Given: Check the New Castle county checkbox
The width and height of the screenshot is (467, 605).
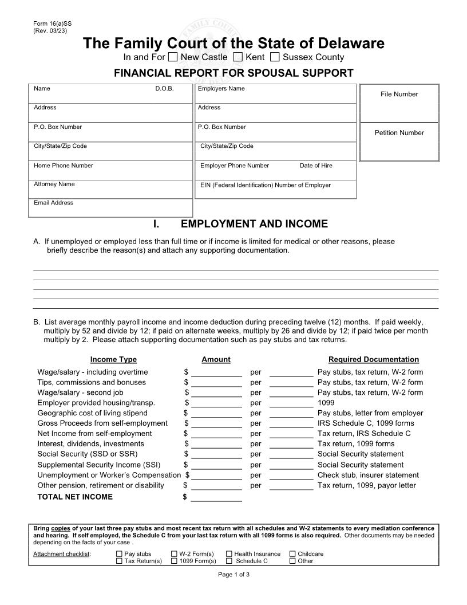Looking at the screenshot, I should point(173,57).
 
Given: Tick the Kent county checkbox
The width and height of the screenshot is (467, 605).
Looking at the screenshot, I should point(239,57).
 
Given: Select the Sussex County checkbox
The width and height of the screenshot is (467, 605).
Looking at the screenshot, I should point(275,57).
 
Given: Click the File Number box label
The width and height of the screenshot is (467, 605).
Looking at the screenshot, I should point(399,94).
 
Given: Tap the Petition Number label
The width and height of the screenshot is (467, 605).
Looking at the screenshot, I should point(399,133).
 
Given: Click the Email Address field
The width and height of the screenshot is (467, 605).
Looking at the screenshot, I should point(110,209).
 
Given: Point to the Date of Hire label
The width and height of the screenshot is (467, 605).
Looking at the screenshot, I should point(315,166).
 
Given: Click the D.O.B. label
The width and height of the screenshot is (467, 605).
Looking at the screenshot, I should point(164,89).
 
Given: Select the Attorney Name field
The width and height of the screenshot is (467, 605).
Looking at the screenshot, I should point(110,190).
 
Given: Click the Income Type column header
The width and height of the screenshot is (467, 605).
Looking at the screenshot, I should point(113,360).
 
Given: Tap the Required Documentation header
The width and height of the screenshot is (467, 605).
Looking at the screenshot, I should point(373,360).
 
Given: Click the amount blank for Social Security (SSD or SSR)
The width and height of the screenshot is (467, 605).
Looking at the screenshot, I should point(216,455).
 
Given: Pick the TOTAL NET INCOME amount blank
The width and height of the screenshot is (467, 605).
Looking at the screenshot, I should point(216,497).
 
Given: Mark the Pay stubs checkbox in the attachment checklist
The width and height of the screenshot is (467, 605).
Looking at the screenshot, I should point(119,554).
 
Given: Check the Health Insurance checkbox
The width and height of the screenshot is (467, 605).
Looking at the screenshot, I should point(229,554).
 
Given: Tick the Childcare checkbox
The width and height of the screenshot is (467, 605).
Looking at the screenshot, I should point(292,554).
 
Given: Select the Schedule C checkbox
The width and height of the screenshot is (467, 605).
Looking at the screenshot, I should point(229,561).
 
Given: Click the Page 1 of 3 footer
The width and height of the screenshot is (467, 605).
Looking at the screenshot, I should point(233,575).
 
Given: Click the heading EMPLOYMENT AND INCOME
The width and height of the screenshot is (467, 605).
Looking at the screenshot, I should point(254,224).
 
